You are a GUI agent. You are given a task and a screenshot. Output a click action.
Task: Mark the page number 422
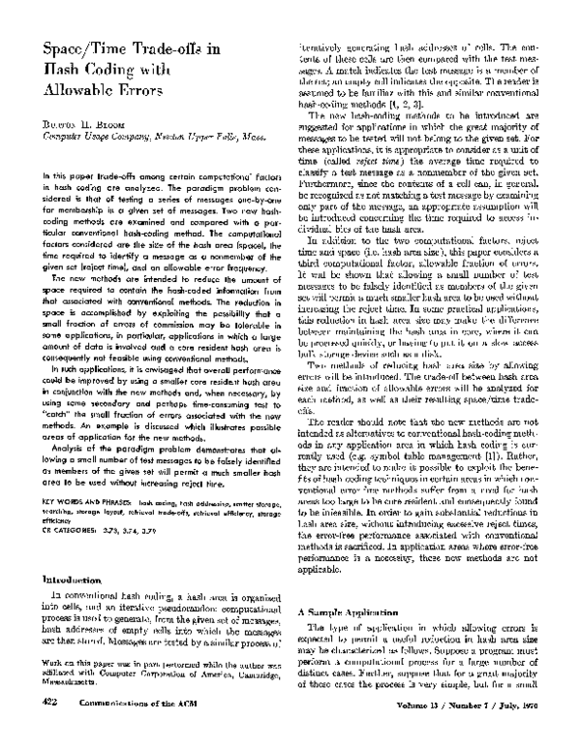click(54, 731)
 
